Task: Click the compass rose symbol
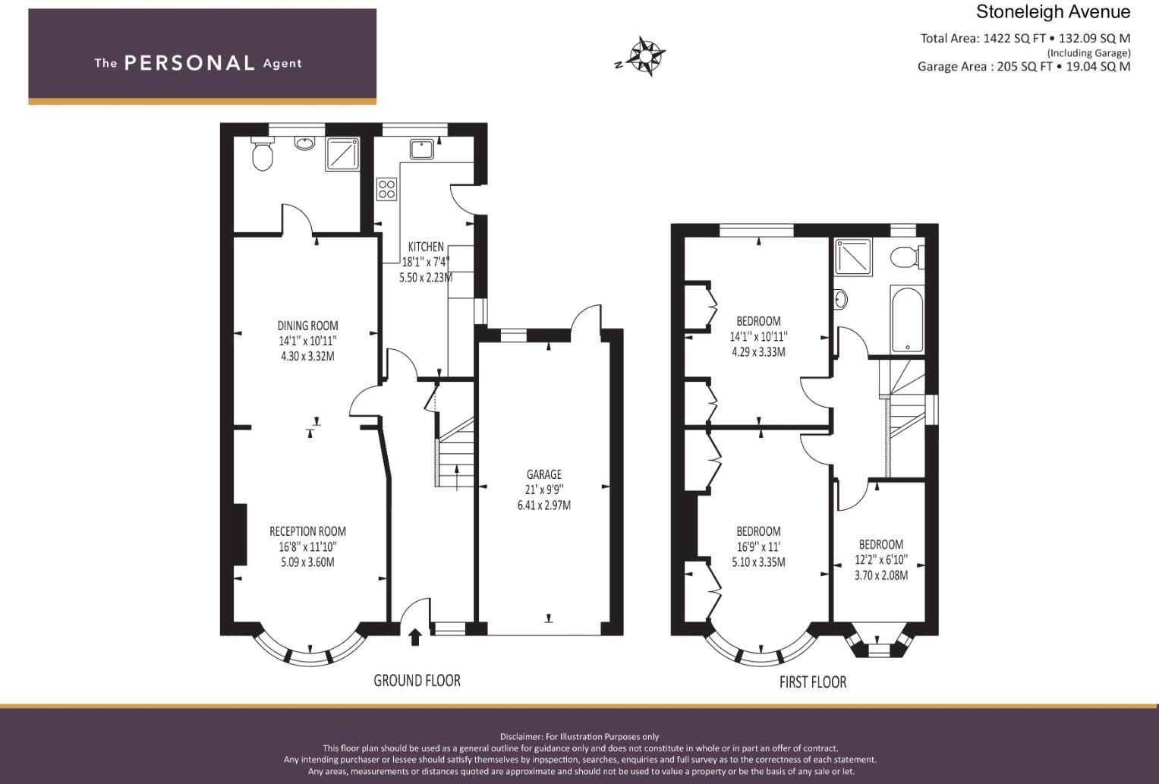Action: click(645, 56)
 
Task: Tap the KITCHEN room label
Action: click(426, 247)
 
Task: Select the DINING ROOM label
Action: click(307, 326)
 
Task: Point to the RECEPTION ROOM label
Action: click(307, 531)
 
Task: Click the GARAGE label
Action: click(543, 474)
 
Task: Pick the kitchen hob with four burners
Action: click(386, 188)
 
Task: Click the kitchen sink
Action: click(421, 149)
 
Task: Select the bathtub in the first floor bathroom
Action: click(907, 320)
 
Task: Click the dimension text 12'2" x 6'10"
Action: click(881, 560)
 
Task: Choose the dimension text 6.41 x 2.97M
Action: click(543, 505)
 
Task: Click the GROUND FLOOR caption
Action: click(417, 681)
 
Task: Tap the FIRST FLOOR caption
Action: click(812, 682)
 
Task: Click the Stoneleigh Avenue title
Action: click(1053, 12)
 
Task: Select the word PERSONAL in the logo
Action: click(189, 63)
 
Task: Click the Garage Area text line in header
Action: click(1023, 67)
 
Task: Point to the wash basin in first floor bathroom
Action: click(840, 300)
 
